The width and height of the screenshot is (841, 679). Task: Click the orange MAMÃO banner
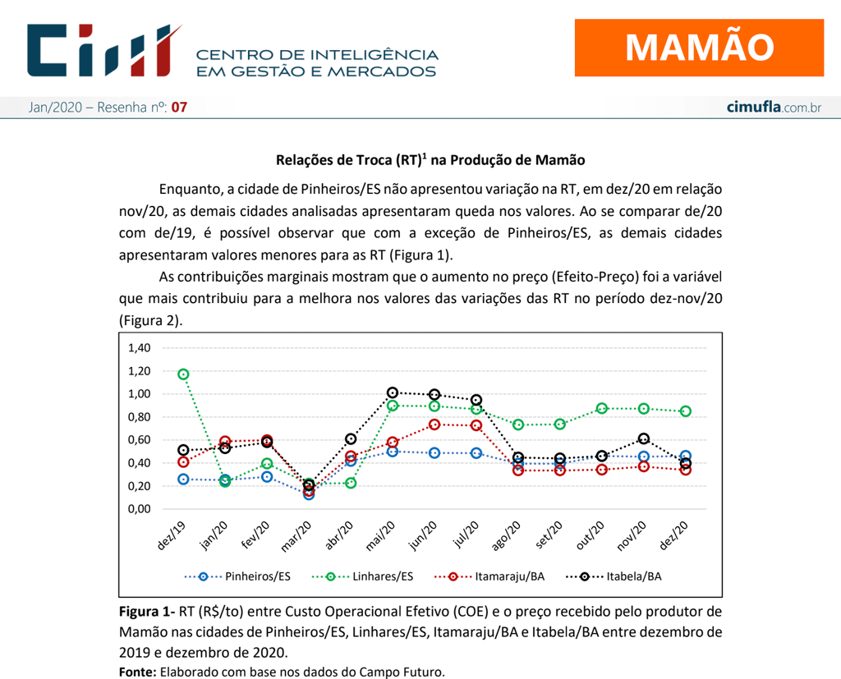(699, 48)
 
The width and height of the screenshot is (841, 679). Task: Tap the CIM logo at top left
(103, 51)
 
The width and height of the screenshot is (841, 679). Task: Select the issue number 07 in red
(179, 108)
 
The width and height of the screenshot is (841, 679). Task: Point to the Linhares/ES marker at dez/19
(183, 374)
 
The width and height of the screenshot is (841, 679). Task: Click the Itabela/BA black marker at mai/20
(393, 393)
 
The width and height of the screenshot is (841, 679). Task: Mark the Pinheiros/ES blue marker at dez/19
(183, 479)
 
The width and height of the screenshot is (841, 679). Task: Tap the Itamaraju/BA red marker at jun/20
(434, 424)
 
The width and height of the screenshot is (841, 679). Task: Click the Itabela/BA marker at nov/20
(644, 438)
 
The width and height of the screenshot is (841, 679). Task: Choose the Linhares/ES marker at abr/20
(351, 483)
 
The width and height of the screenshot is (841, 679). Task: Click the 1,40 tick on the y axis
(139, 348)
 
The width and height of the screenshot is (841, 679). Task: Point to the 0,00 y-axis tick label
(139, 509)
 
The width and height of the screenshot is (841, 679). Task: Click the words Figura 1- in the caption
(146, 612)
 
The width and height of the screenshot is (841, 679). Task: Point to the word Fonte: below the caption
(137, 672)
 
